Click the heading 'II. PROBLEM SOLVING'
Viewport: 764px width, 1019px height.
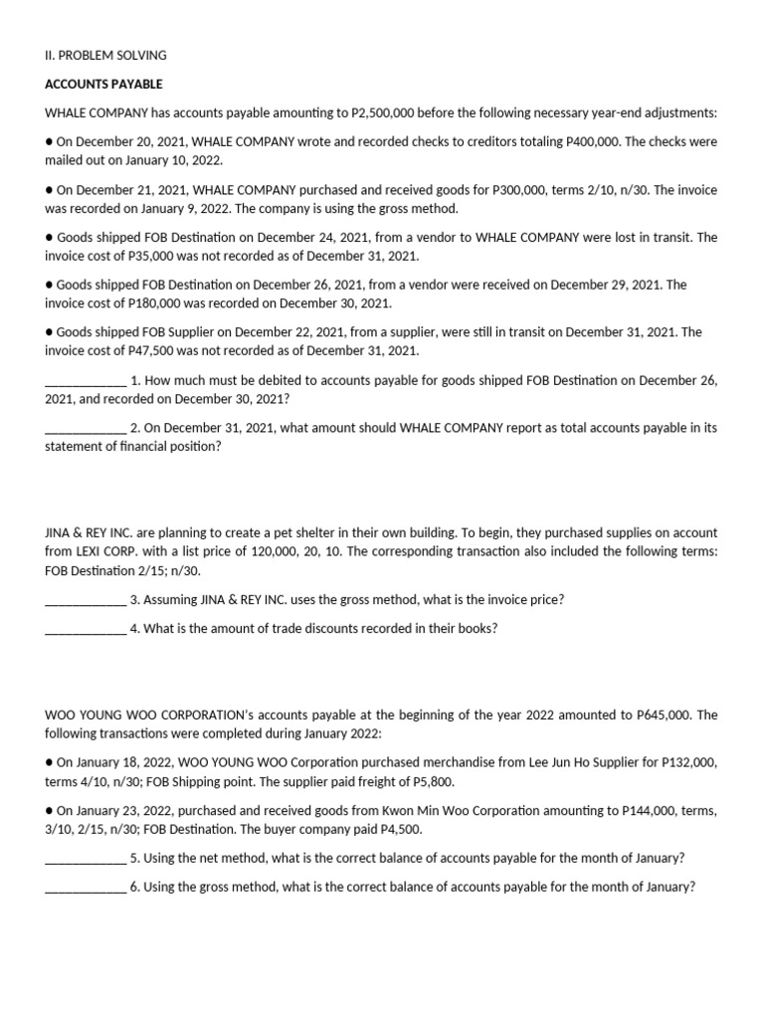pos(105,55)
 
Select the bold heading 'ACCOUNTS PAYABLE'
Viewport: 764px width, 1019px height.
pos(103,84)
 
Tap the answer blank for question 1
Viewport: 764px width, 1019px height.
pos(86,380)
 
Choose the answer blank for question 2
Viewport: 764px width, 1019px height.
pos(86,428)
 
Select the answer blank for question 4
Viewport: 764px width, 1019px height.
pos(86,629)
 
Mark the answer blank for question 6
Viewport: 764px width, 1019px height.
pos(86,888)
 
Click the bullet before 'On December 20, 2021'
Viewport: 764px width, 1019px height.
pos(50,141)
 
